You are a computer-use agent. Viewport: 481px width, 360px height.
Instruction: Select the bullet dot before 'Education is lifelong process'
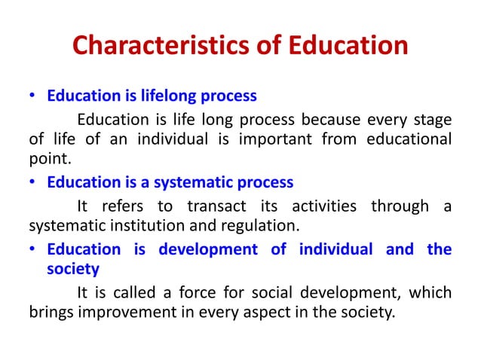click(x=33, y=97)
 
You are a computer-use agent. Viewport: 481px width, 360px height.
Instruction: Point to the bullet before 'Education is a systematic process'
click(x=33, y=183)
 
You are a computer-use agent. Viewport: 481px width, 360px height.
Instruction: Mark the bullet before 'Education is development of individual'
click(x=33, y=249)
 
